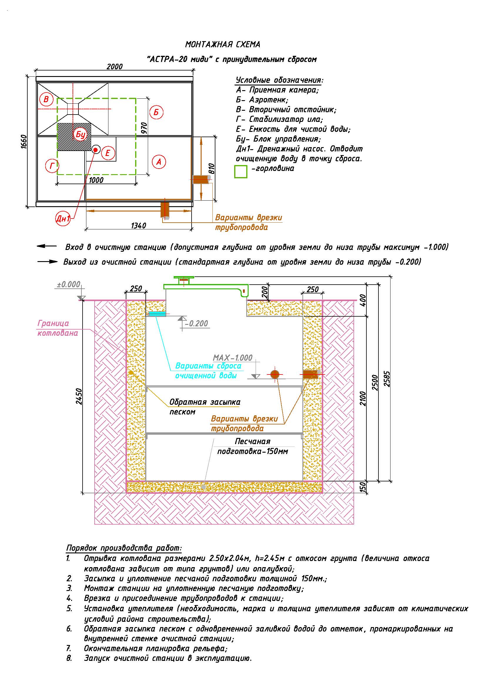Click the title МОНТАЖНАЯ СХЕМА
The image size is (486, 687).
223,45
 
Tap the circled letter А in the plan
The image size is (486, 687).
159,162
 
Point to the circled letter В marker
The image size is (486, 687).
46,99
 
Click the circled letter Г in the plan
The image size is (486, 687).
52,166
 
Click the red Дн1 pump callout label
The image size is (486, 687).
63,219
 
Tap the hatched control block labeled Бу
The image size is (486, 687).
74,137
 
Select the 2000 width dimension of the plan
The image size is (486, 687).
115,66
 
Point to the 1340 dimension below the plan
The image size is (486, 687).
138,226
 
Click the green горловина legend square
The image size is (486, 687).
241,172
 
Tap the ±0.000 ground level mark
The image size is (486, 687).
69,284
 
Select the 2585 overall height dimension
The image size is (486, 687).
387,379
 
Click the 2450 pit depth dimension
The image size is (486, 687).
79,397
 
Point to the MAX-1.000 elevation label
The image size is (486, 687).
232,358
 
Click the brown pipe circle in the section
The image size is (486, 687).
275,374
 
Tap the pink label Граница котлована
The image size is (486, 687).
58,328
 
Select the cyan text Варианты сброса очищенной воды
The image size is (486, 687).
208,371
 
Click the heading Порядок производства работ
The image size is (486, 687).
124,548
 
